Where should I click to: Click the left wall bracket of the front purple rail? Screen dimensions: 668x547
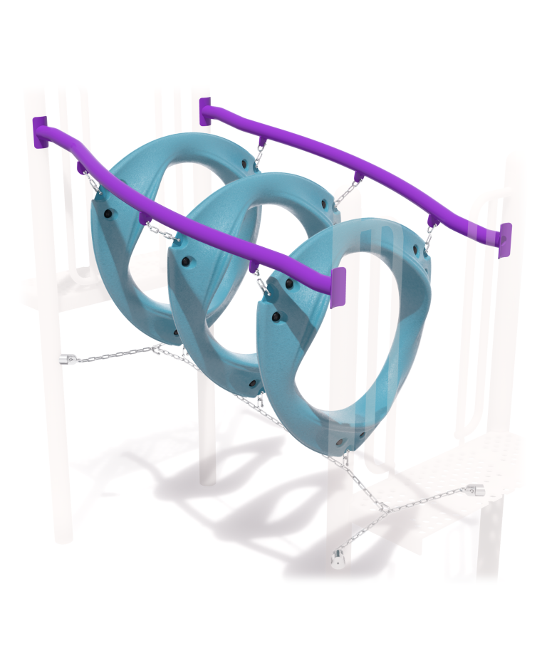point(38,132)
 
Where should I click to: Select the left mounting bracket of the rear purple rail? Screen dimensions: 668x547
point(205,112)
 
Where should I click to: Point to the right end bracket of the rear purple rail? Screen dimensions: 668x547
point(505,240)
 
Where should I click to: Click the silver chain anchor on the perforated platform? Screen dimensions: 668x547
point(475,491)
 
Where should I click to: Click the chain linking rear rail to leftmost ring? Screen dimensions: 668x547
point(263,151)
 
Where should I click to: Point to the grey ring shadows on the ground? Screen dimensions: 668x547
point(214,484)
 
